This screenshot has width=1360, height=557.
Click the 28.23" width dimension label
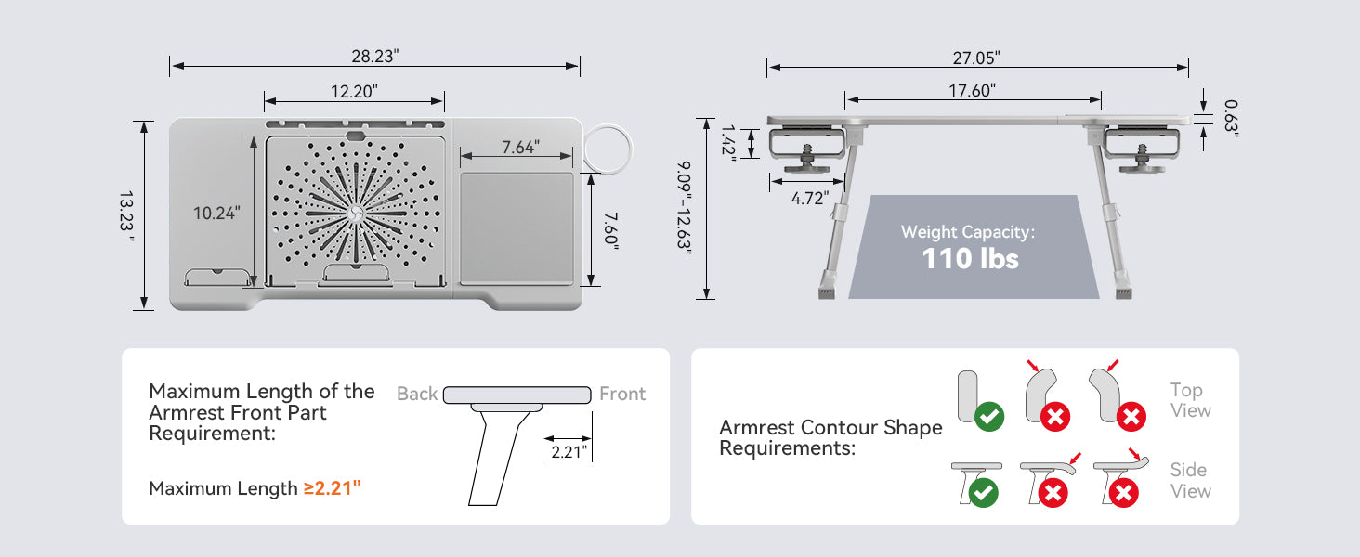click(x=374, y=56)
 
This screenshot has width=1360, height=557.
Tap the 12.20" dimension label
click(x=354, y=91)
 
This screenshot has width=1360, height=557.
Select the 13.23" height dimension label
click(x=126, y=216)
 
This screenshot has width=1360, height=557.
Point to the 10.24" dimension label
click(x=216, y=213)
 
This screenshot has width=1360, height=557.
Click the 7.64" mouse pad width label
click(x=520, y=147)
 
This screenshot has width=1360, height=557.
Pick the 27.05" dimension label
click(x=975, y=58)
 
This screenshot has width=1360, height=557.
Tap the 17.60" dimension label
click(x=972, y=90)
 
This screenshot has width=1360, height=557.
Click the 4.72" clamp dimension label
click(x=810, y=198)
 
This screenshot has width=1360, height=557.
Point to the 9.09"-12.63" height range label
click(x=685, y=208)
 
